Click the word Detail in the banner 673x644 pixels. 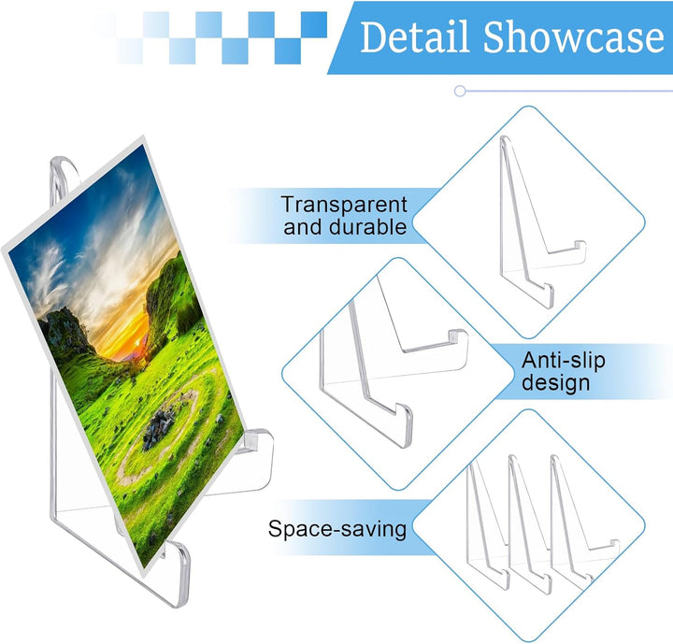tap(414, 37)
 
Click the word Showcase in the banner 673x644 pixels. tap(574, 37)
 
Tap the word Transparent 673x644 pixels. tap(344, 205)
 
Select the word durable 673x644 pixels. tap(367, 227)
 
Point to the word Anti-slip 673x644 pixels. tap(563, 360)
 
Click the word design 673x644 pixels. tap(556, 382)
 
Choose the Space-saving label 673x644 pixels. tap(337, 529)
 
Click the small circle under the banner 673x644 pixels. tap(460, 91)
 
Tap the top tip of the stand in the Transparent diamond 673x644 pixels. tap(505, 138)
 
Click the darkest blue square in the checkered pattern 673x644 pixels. tap(314, 24)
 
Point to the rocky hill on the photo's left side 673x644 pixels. tap(64, 331)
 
